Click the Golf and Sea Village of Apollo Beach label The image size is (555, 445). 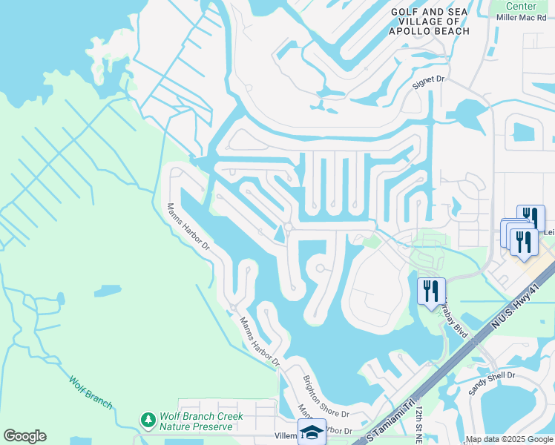[430, 22]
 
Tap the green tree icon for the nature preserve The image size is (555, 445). [148, 421]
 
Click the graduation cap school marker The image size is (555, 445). [312, 431]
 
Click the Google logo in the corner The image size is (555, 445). [24, 436]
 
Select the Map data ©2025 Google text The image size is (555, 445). [509, 440]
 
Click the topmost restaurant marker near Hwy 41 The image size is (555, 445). [531, 217]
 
